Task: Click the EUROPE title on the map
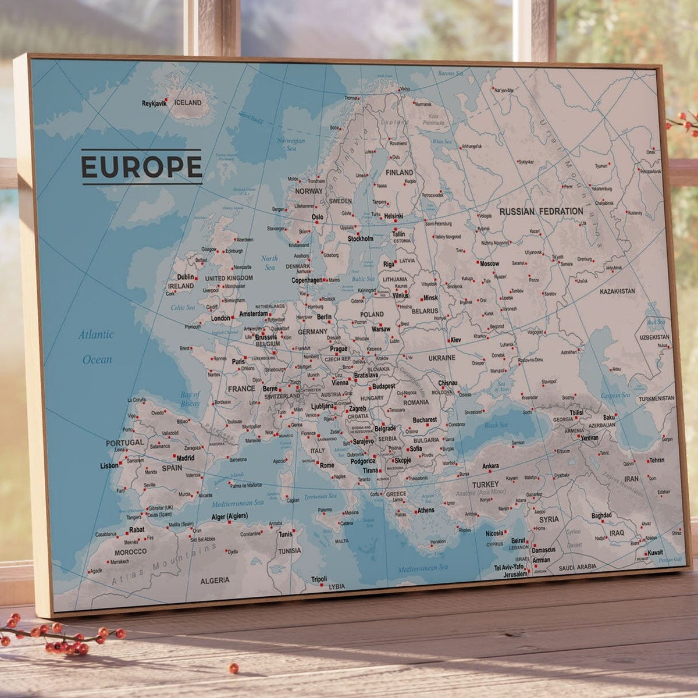coord(141,166)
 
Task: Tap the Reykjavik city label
coord(154,104)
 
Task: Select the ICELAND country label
coord(188,103)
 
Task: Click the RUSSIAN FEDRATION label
coord(541,212)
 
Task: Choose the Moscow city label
coord(489,263)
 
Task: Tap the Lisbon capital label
coord(109,466)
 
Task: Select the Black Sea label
coord(496,425)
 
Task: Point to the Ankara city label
coord(490,466)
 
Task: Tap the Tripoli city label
coord(319,579)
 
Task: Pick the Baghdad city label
coord(601,515)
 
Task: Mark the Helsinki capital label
coord(394,216)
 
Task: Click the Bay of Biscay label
coord(190,399)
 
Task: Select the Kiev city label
coord(455,340)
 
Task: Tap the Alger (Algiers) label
coord(229,516)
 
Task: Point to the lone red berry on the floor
coord(233,668)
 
